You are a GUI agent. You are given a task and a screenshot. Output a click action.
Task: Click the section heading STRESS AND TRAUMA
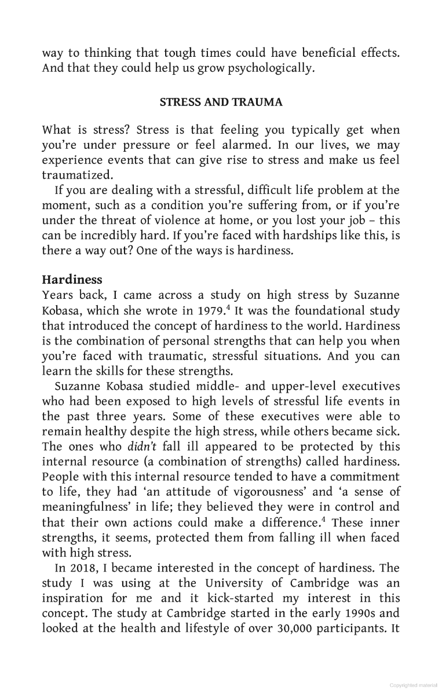pyautogui.click(x=221, y=103)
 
